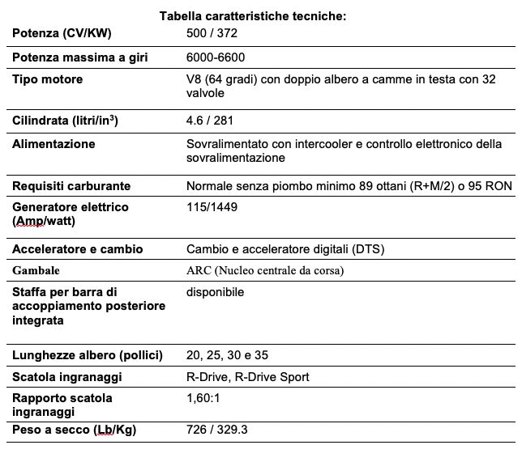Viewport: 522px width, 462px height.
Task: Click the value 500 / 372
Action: [x=212, y=33]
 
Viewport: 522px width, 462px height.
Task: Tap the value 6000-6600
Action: [x=216, y=57]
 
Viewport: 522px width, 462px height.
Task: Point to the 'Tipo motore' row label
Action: [x=47, y=79]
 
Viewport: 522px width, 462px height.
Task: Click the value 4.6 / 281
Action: [x=210, y=121]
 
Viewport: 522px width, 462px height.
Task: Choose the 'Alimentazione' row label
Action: [x=53, y=144]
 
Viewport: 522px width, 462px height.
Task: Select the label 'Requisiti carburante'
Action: [x=71, y=186]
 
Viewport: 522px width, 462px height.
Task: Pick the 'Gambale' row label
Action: [x=36, y=270]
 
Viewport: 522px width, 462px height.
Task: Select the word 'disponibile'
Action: [x=215, y=291]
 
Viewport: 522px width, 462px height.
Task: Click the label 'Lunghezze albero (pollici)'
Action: [x=88, y=355]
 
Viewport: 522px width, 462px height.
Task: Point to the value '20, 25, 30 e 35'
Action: [x=226, y=355]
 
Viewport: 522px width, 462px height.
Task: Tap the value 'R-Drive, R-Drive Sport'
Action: [x=247, y=377]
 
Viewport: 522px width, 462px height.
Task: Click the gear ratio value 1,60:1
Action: [x=204, y=398]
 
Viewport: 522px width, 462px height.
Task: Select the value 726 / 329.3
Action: [x=216, y=429]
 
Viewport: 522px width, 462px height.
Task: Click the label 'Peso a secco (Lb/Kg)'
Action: [x=74, y=430]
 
